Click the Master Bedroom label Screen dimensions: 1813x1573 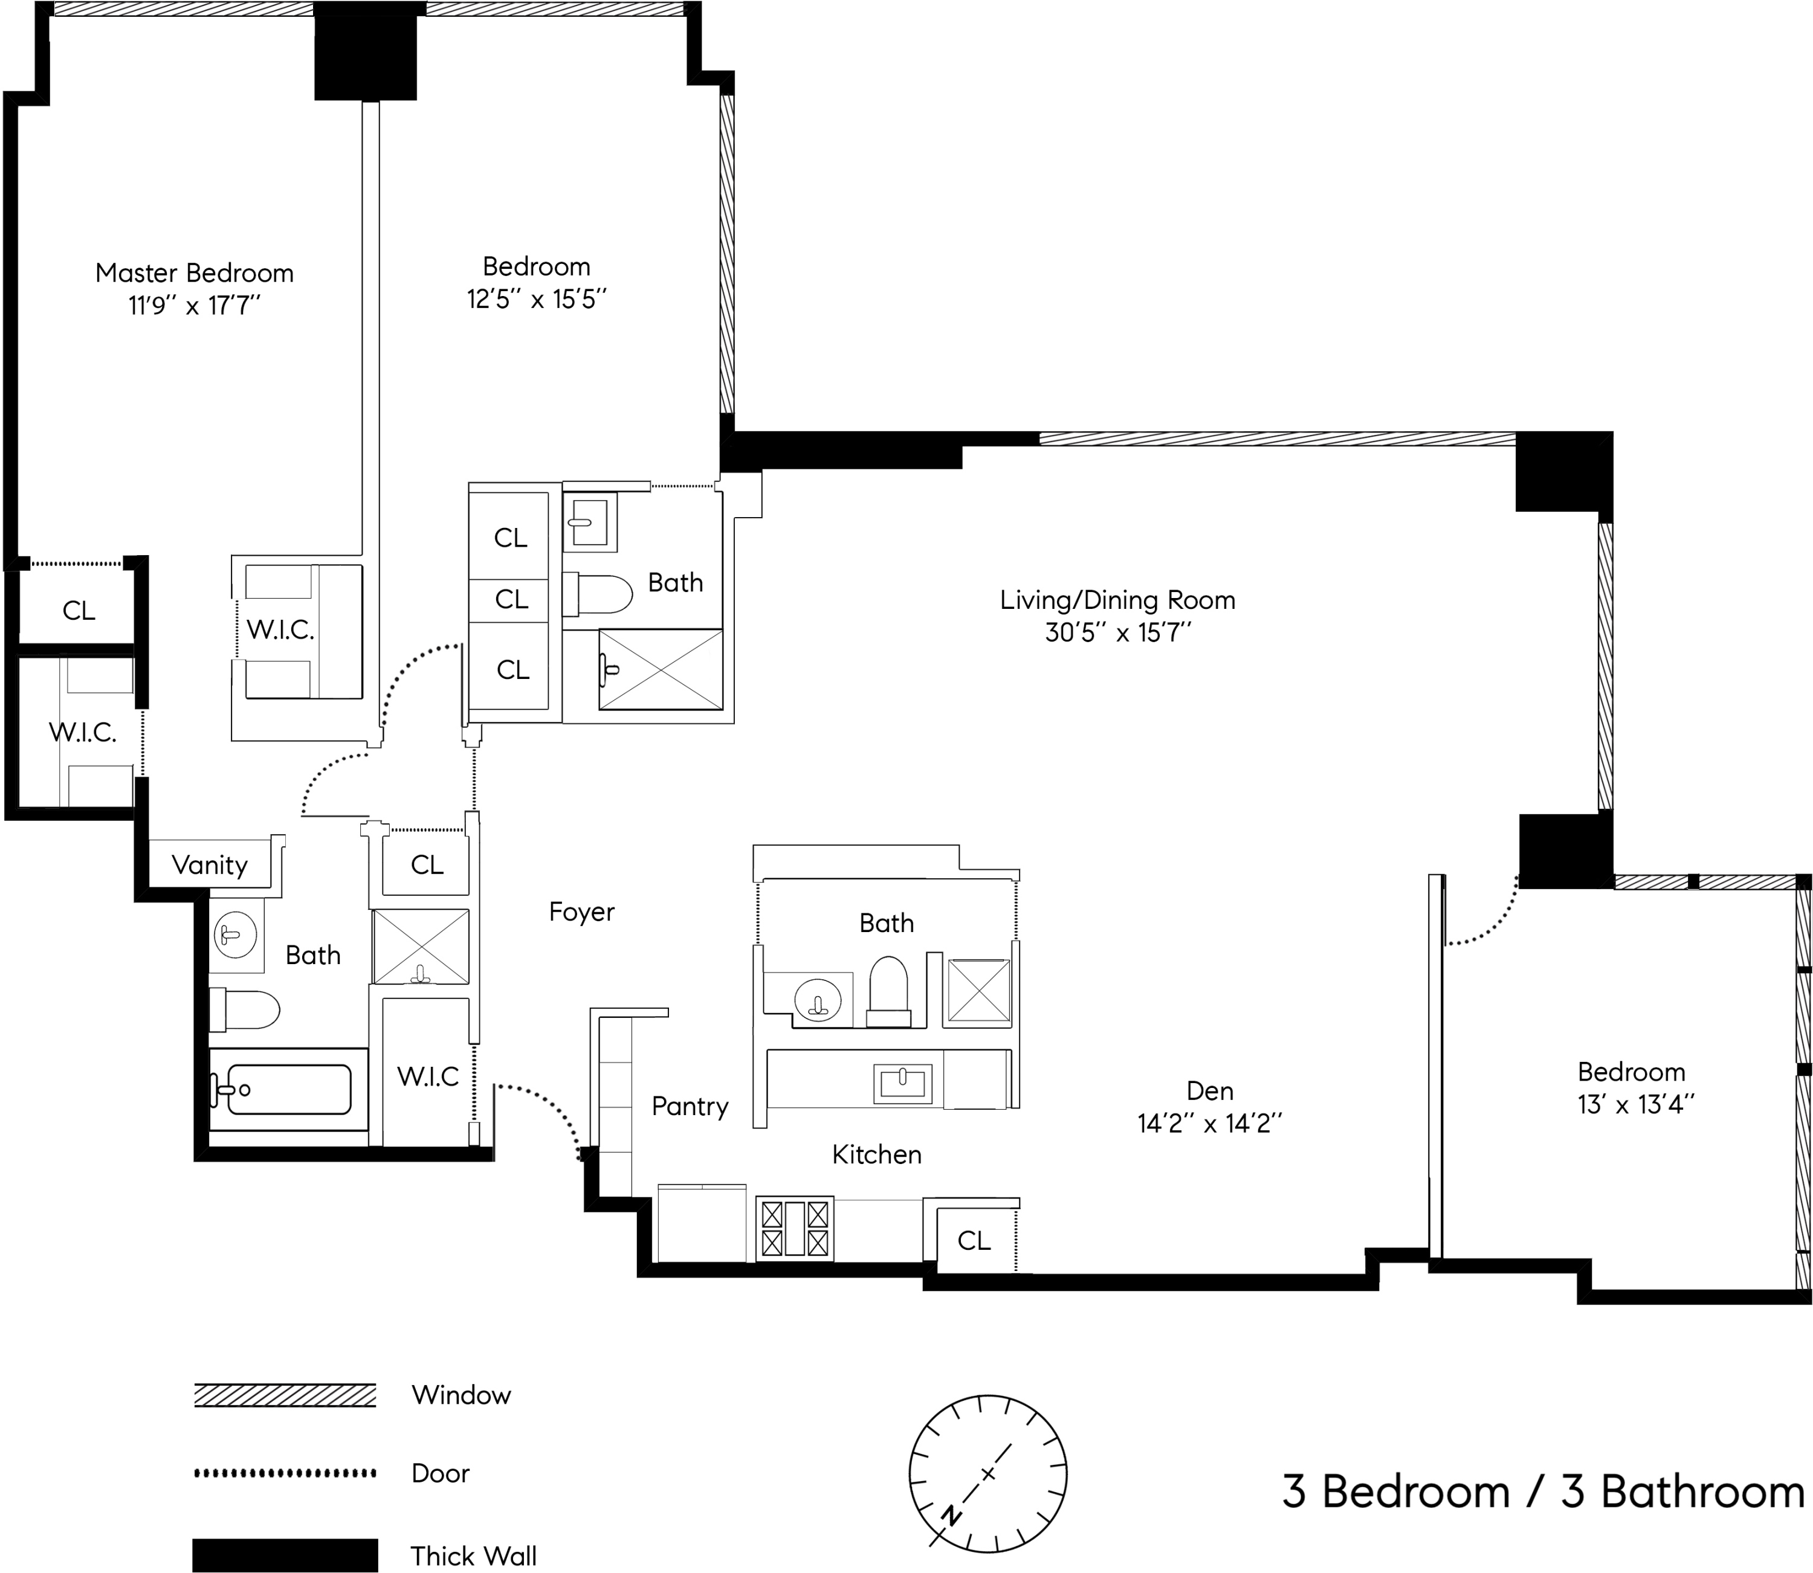(194, 273)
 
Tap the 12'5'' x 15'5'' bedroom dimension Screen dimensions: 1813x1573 (537, 300)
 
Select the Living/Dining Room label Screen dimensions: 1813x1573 (1117, 600)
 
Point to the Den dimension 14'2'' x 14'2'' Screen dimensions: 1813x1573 (1210, 1124)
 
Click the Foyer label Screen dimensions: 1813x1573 (581, 912)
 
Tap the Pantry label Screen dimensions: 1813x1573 (690, 1107)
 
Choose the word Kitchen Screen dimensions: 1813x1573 (877, 1154)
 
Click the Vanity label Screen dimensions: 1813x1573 (210, 866)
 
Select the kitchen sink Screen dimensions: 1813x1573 (902, 1083)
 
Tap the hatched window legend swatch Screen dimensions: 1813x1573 (285, 1395)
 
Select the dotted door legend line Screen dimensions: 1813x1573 (285, 1473)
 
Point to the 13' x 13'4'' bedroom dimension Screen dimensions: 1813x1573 (1635, 1104)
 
